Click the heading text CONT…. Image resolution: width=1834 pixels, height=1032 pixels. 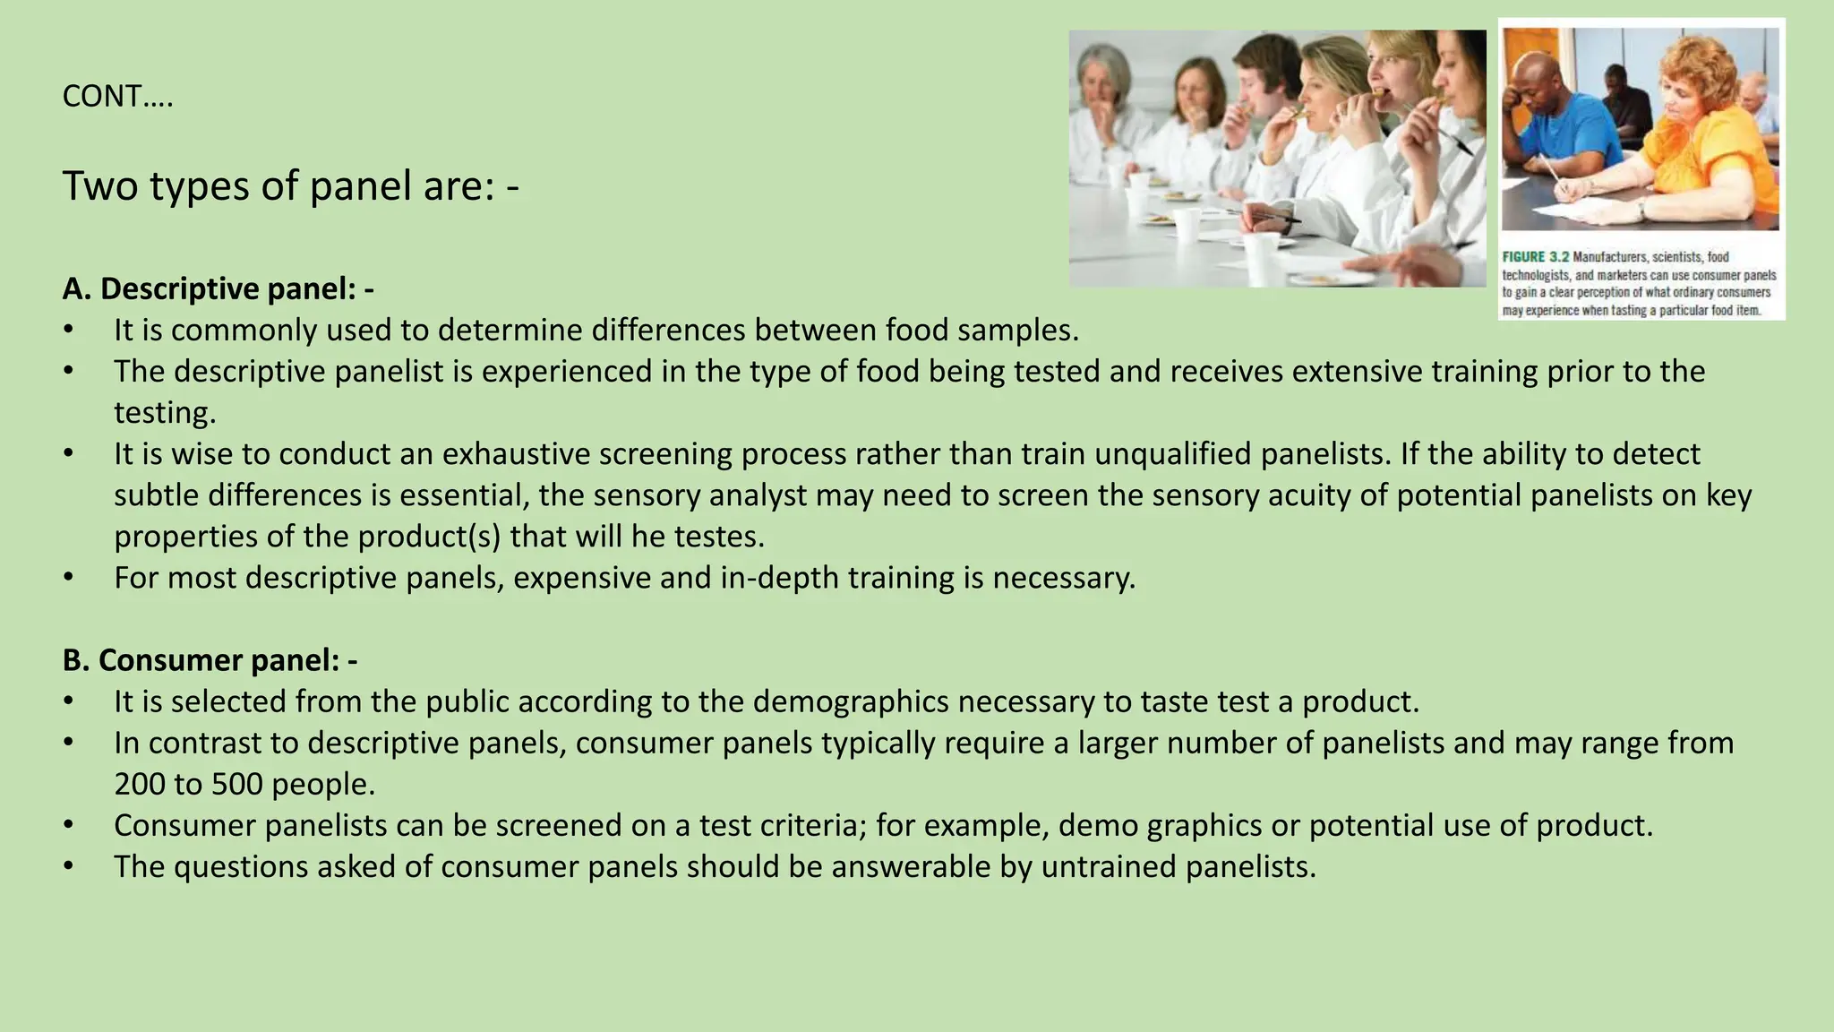tap(117, 97)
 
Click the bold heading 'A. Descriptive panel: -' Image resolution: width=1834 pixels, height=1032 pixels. tap(218, 288)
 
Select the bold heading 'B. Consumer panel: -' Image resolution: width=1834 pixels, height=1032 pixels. tap(210, 660)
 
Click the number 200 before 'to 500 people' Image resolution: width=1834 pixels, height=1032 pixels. tap(140, 785)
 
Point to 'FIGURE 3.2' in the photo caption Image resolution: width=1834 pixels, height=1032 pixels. tap(1535, 257)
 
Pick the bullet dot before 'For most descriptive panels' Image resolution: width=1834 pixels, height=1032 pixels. tap(68, 578)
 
